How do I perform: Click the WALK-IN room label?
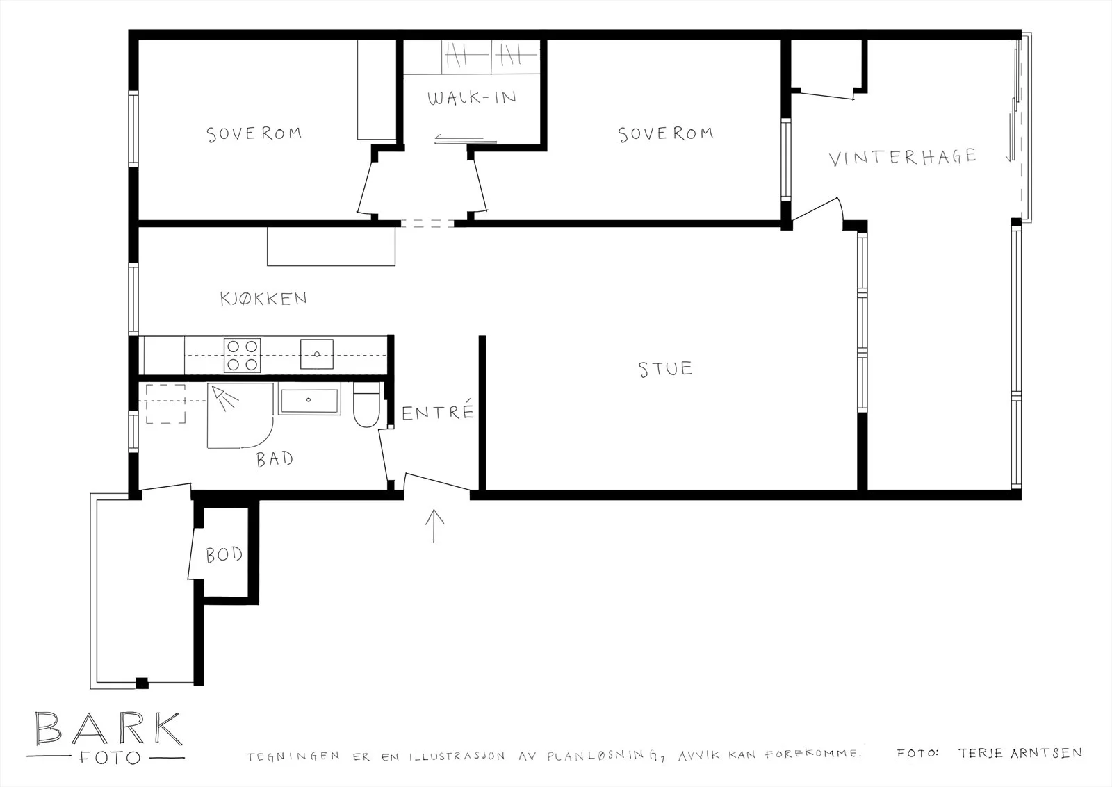tap(472, 98)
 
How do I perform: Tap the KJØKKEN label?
tap(263, 298)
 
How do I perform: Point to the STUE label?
tap(665, 369)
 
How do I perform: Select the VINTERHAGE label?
tap(903, 157)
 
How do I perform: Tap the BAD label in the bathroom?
tap(275, 459)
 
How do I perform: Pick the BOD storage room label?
tap(224, 555)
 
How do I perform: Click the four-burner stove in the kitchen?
tap(242, 355)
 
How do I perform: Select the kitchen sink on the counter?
tap(317, 354)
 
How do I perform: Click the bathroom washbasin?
tap(309, 399)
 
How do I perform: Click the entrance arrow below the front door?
tap(434, 526)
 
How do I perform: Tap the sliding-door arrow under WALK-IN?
tap(459, 138)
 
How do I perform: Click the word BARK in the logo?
tap(109, 729)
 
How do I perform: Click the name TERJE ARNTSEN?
tap(1020, 753)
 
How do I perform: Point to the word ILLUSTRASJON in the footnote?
tap(457, 756)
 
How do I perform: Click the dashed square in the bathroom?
tap(166, 404)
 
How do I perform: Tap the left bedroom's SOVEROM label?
tap(254, 134)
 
